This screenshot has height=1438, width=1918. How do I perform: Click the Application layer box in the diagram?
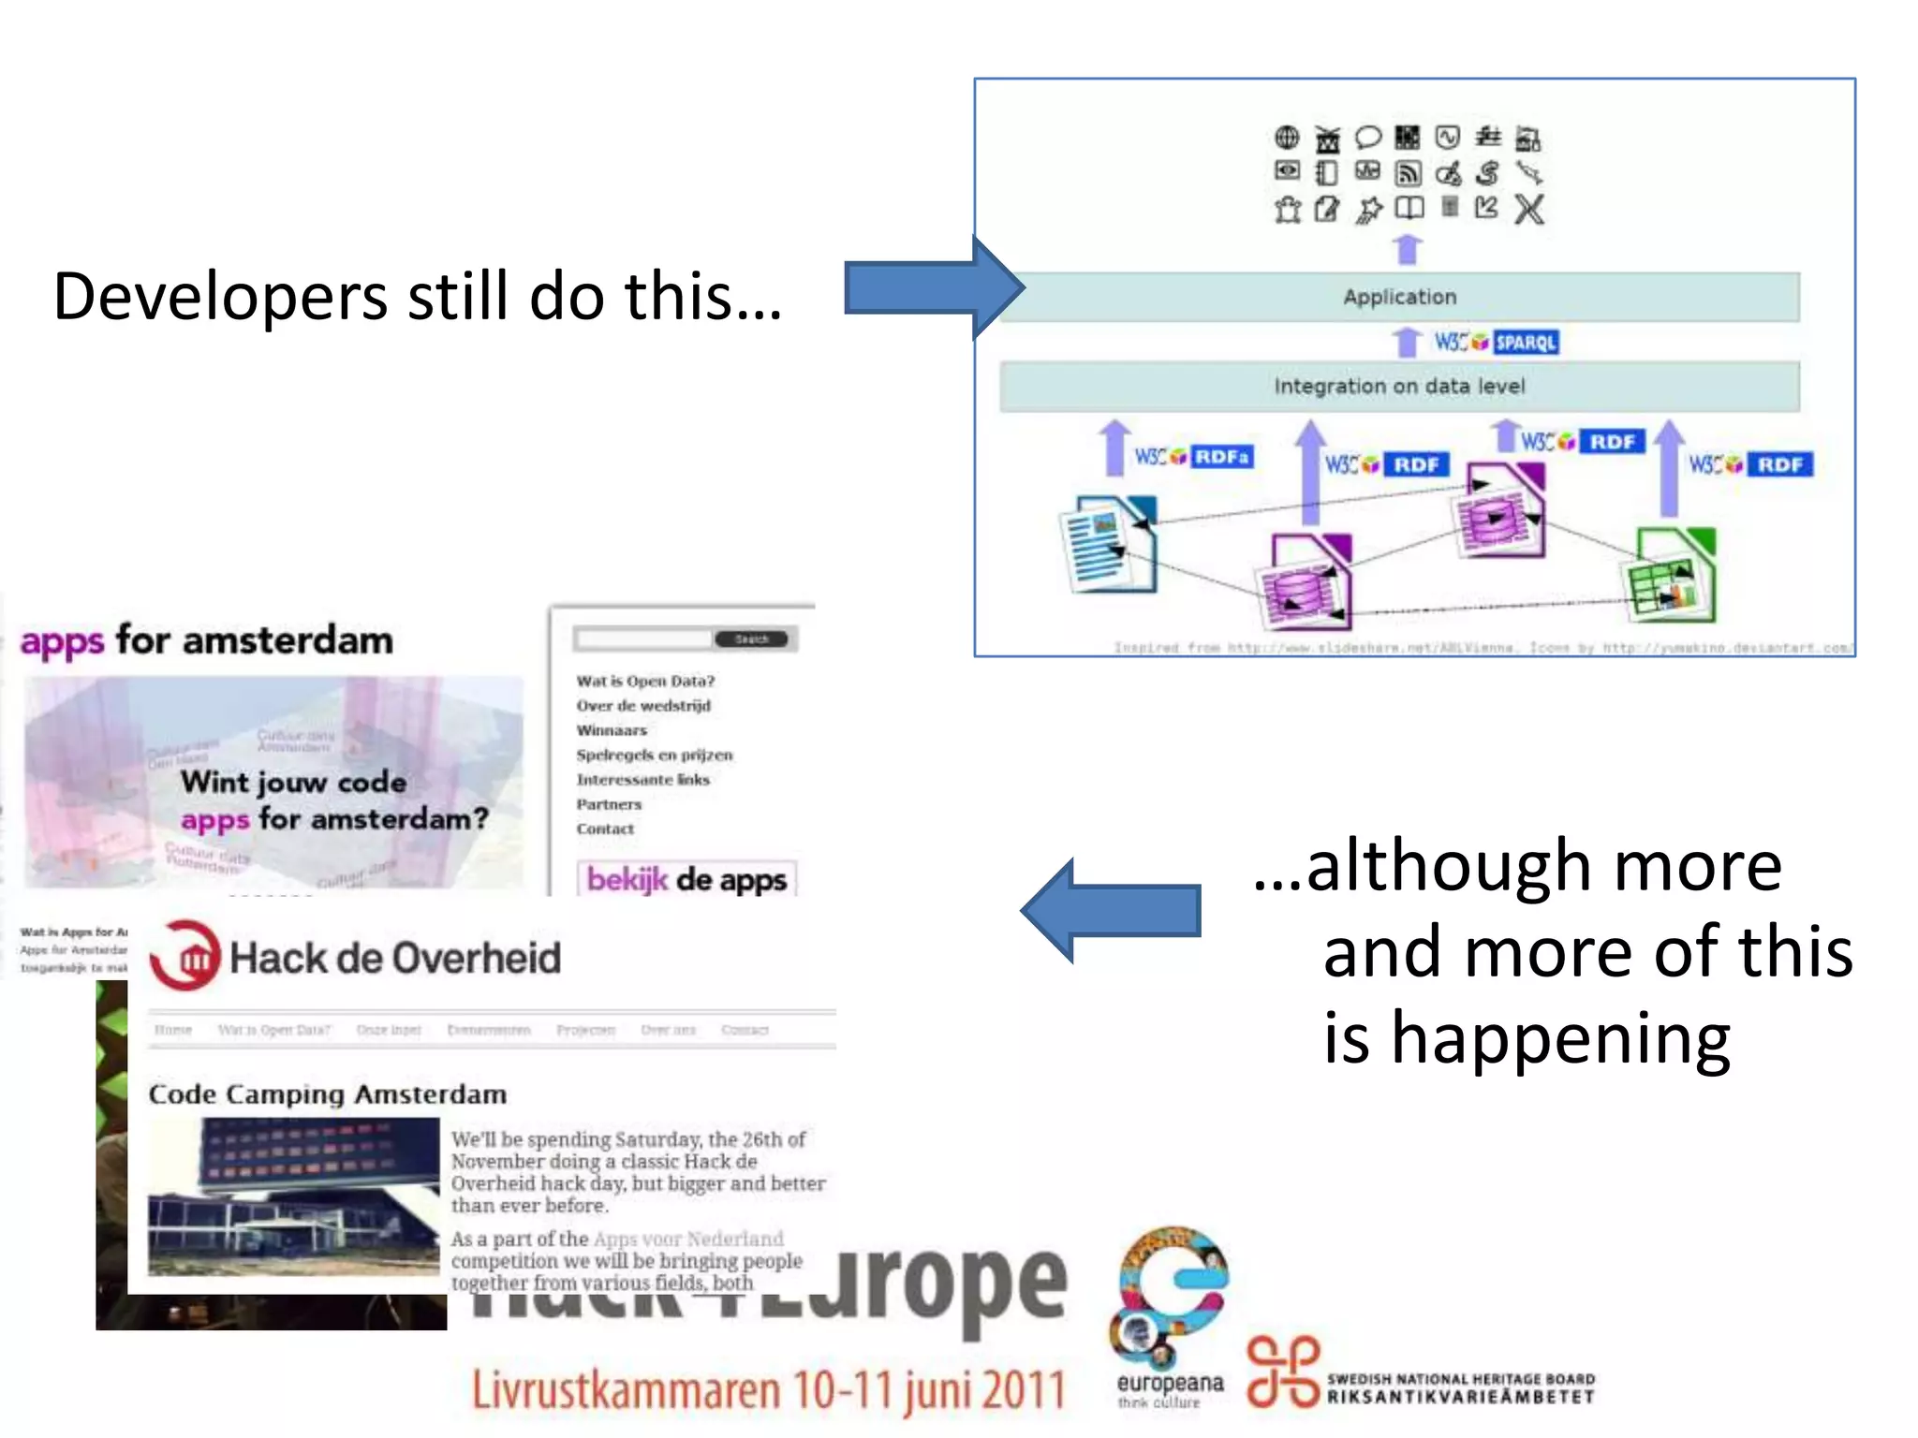pos(1399,298)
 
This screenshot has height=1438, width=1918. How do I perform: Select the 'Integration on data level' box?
pos(1399,387)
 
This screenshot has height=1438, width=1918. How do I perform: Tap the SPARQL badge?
pos(1525,343)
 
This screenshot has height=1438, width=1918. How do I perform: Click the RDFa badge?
pos(1221,457)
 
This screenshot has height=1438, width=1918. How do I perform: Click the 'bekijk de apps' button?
pos(686,880)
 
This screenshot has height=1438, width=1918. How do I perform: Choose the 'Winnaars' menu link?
pos(612,730)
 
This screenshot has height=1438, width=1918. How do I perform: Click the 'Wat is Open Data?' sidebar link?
pos(645,681)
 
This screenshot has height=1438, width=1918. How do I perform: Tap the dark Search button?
pos(751,639)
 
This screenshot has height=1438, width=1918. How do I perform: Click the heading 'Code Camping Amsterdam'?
pos(328,1094)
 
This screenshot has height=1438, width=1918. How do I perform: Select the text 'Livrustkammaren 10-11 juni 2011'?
pos(768,1390)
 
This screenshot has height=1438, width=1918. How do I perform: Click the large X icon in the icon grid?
pos(1529,209)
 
